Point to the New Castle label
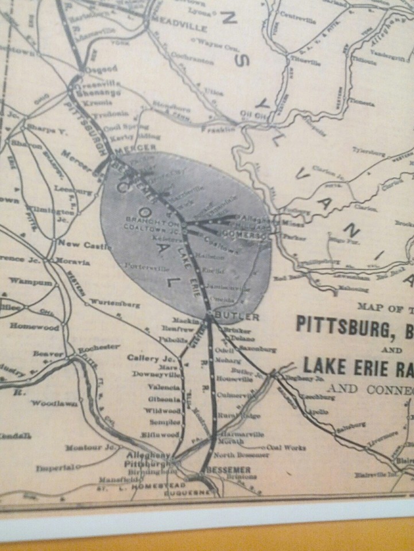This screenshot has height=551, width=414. click(76, 244)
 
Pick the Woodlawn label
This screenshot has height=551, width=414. click(54, 403)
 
